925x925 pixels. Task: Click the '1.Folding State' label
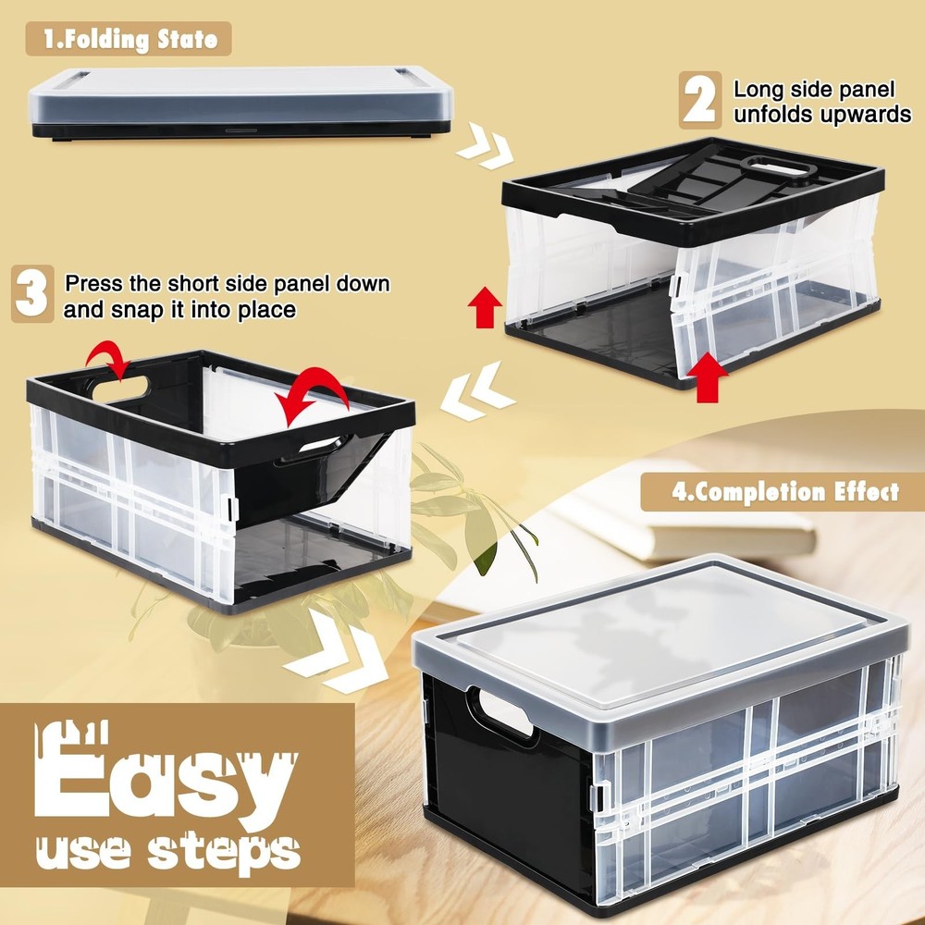click(x=129, y=39)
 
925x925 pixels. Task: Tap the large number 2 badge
click(x=700, y=100)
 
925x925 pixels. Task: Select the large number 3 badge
click(x=33, y=294)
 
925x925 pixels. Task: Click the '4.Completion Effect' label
click(x=784, y=491)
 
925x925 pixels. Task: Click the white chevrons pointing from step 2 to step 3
click(x=475, y=393)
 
